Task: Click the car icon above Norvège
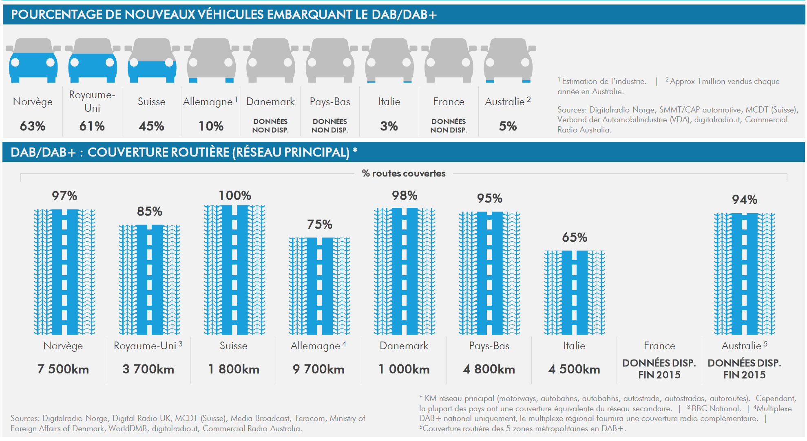tap(33, 60)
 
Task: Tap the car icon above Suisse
tap(152, 60)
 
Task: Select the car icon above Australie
tap(508, 60)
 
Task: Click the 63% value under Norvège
tap(33, 126)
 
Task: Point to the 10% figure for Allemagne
tap(211, 126)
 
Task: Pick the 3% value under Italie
tap(389, 126)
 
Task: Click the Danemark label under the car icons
tap(270, 101)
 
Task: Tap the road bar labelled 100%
tap(234, 269)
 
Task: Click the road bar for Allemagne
tap(319, 286)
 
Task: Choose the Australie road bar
tap(744, 273)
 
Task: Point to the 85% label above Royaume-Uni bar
tap(149, 211)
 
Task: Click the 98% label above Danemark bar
tap(405, 196)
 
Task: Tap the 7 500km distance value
tap(63, 369)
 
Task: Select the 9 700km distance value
tap(318, 369)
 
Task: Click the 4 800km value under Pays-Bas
tap(489, 369)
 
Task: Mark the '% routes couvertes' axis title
tap(404, 174)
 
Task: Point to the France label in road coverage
tap(659, 346)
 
